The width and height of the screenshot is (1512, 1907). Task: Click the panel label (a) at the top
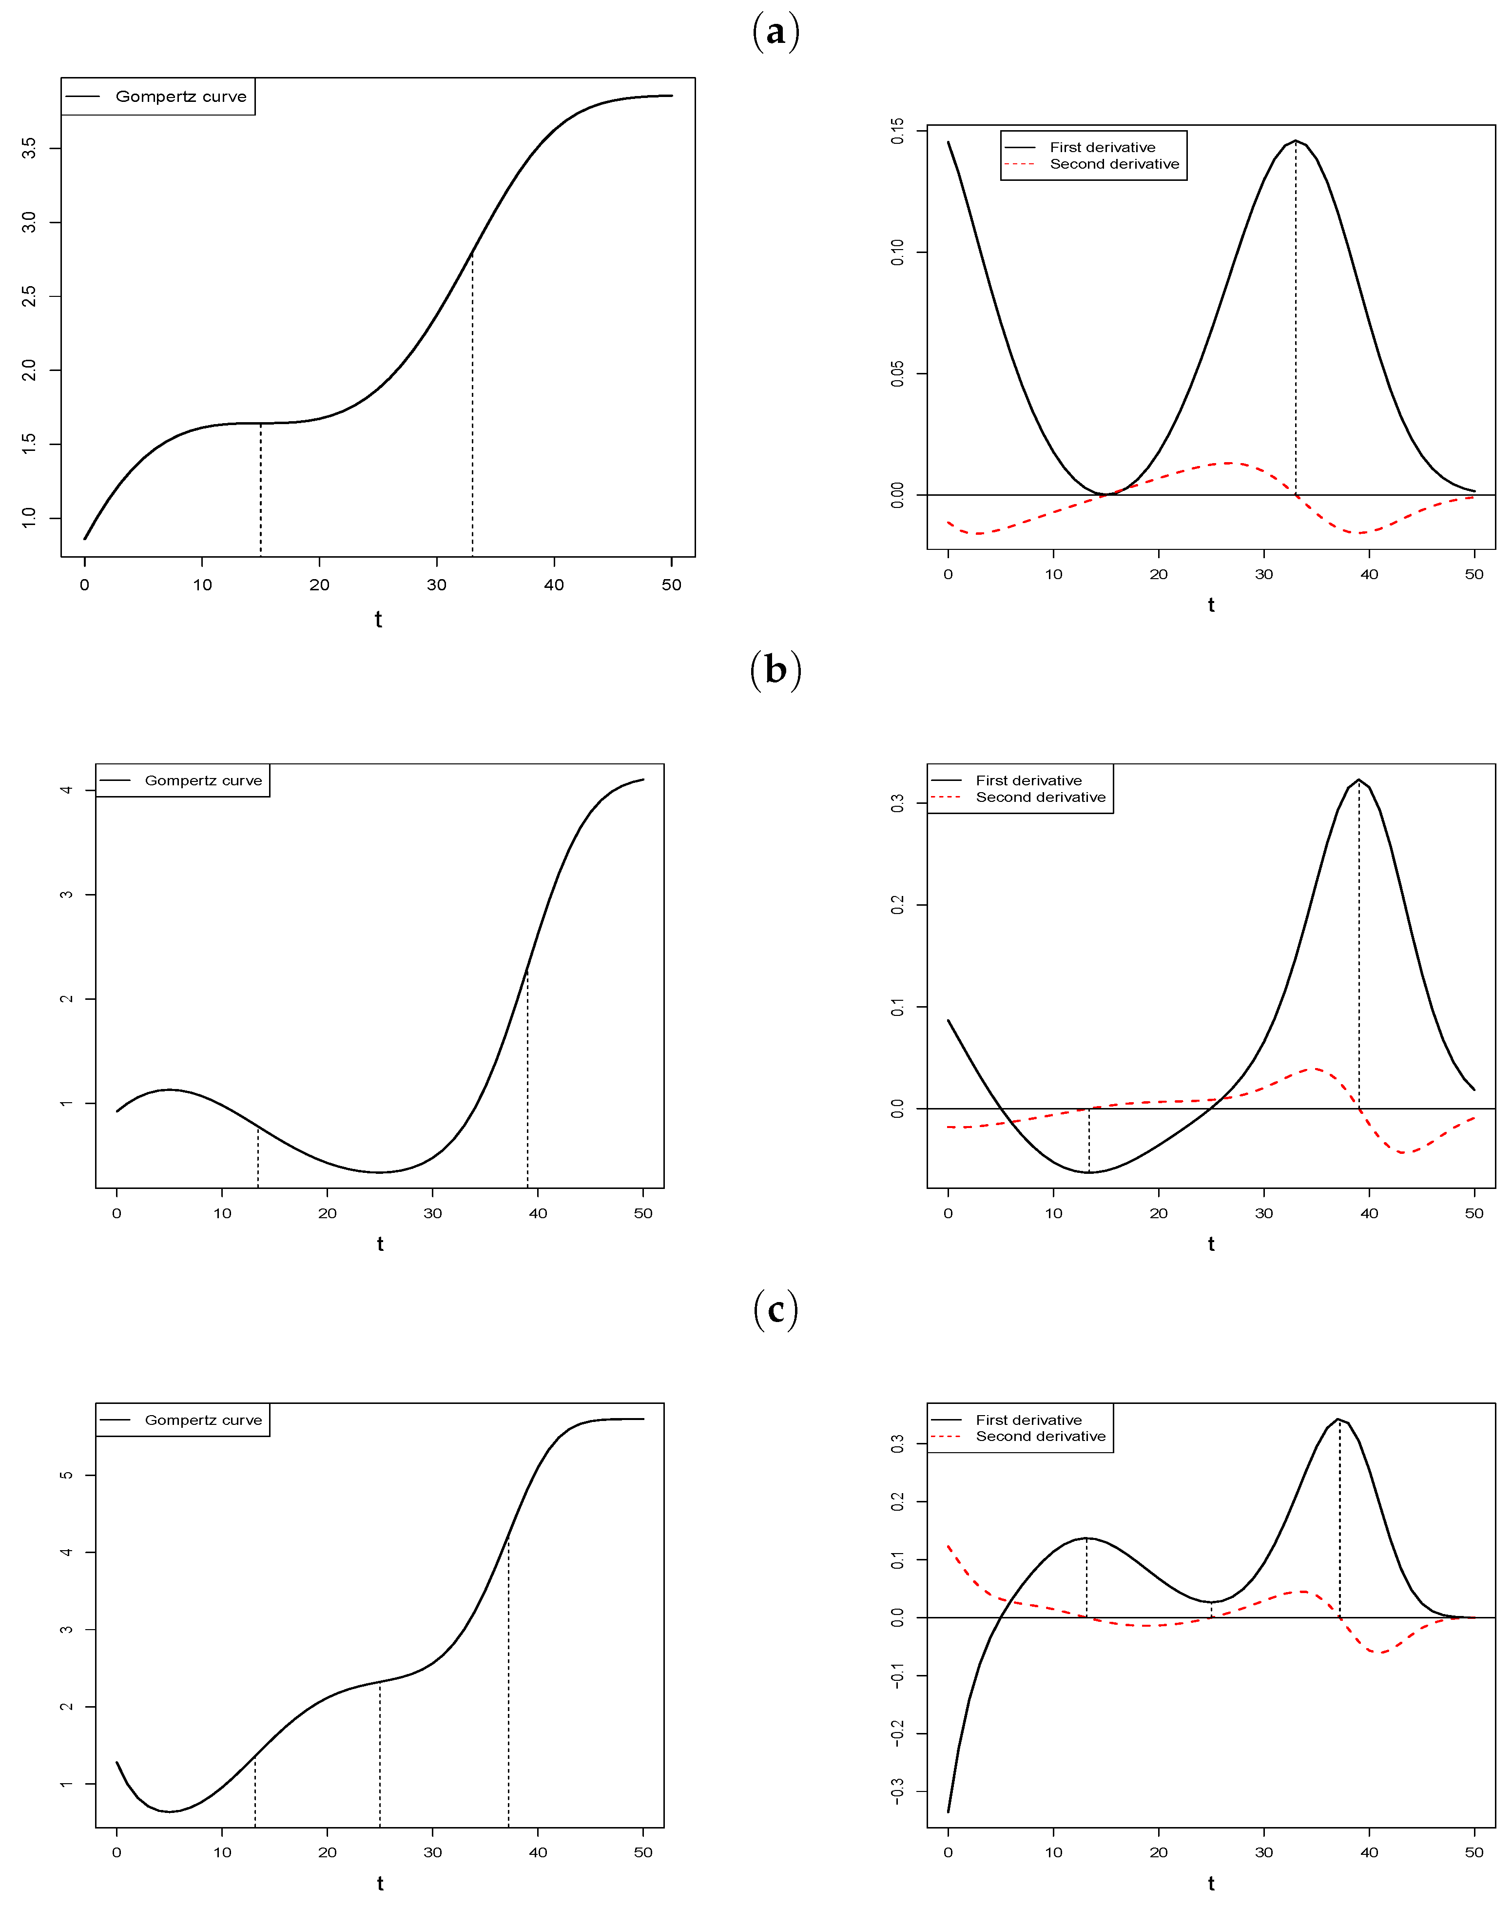point(775,32)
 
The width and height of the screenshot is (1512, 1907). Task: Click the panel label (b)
point(775,670)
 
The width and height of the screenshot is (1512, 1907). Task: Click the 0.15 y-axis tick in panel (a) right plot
point(897,131)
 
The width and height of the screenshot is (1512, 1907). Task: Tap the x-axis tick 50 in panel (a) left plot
point(671,584)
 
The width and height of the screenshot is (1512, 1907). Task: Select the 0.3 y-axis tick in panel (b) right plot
point(897,802)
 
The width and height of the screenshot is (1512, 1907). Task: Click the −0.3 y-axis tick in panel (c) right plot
point(897,1791)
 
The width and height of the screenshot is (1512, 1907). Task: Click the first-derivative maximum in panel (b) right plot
point(1359,779)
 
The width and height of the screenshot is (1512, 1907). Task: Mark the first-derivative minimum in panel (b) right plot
point(1089,1172)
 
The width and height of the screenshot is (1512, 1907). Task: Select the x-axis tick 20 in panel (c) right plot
point(1158,1852)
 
